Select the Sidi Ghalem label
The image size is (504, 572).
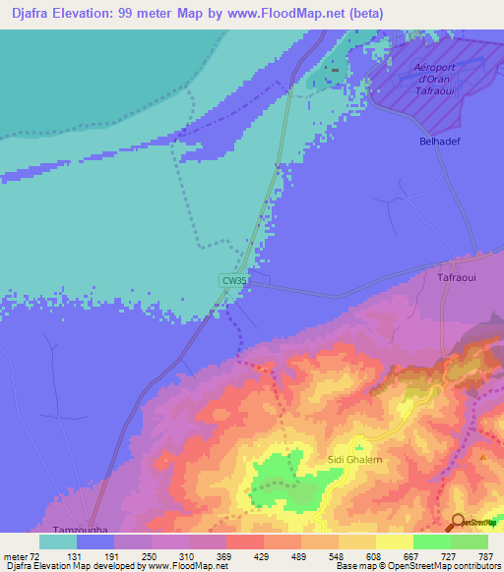pos(353,459)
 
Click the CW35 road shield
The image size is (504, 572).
pos(232,280)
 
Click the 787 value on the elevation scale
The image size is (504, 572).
pos(484,556)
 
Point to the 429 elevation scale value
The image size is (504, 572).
pos(263,556)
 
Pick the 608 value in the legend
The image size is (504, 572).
pos(374,556)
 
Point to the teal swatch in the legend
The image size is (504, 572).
pos(57,542)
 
